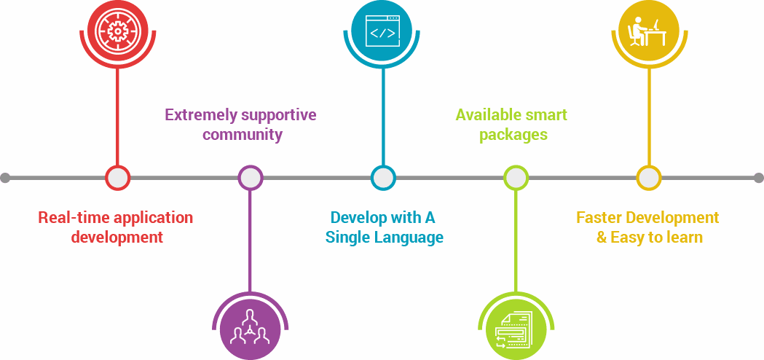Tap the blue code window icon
click(x=383, y=31)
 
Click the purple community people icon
click(x=250, y=328)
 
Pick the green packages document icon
click(x=515, y=328)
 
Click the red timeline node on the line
click(x=117, y=177)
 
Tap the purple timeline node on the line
click(x=250, y=177)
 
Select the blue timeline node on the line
click(x=382, y=177)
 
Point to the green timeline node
click(x=515, y=177)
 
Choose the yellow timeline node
click(x=647, y=177)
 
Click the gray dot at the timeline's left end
click(x=5, y=177)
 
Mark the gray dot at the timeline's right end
click(x=758, y=177)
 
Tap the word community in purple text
click(x=243, y=135)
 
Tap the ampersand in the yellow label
click(x=602, y=238)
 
